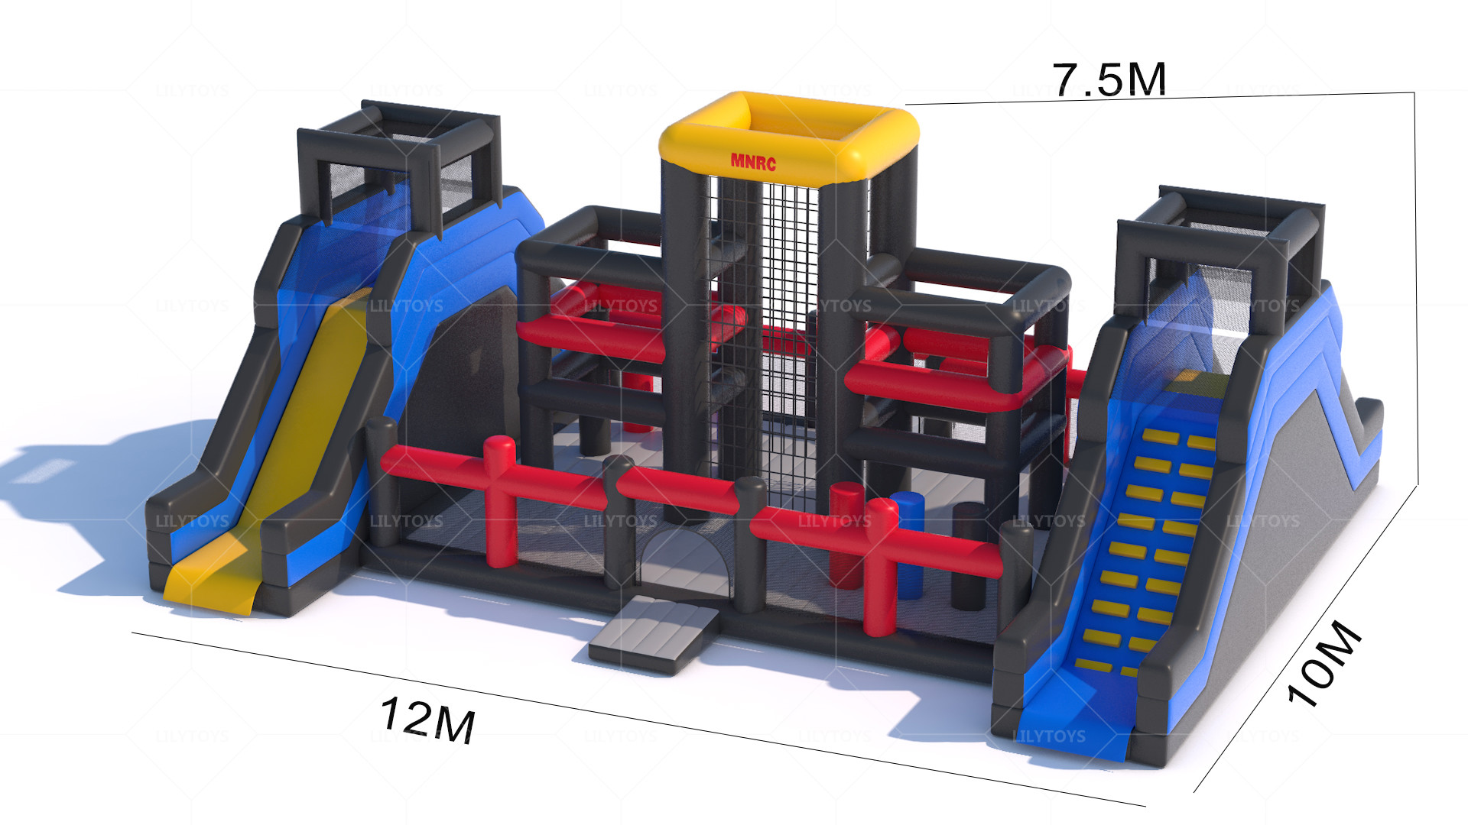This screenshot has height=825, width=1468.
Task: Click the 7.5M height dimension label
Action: (x=1109, y=79)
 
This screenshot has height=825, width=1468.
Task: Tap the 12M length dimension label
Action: (x=428, y=719)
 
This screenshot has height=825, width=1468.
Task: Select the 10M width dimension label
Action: (x=1323, y=663)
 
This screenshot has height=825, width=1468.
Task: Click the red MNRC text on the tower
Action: (x=753, y=162)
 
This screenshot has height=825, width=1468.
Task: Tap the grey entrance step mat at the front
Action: (x=654, y=634)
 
